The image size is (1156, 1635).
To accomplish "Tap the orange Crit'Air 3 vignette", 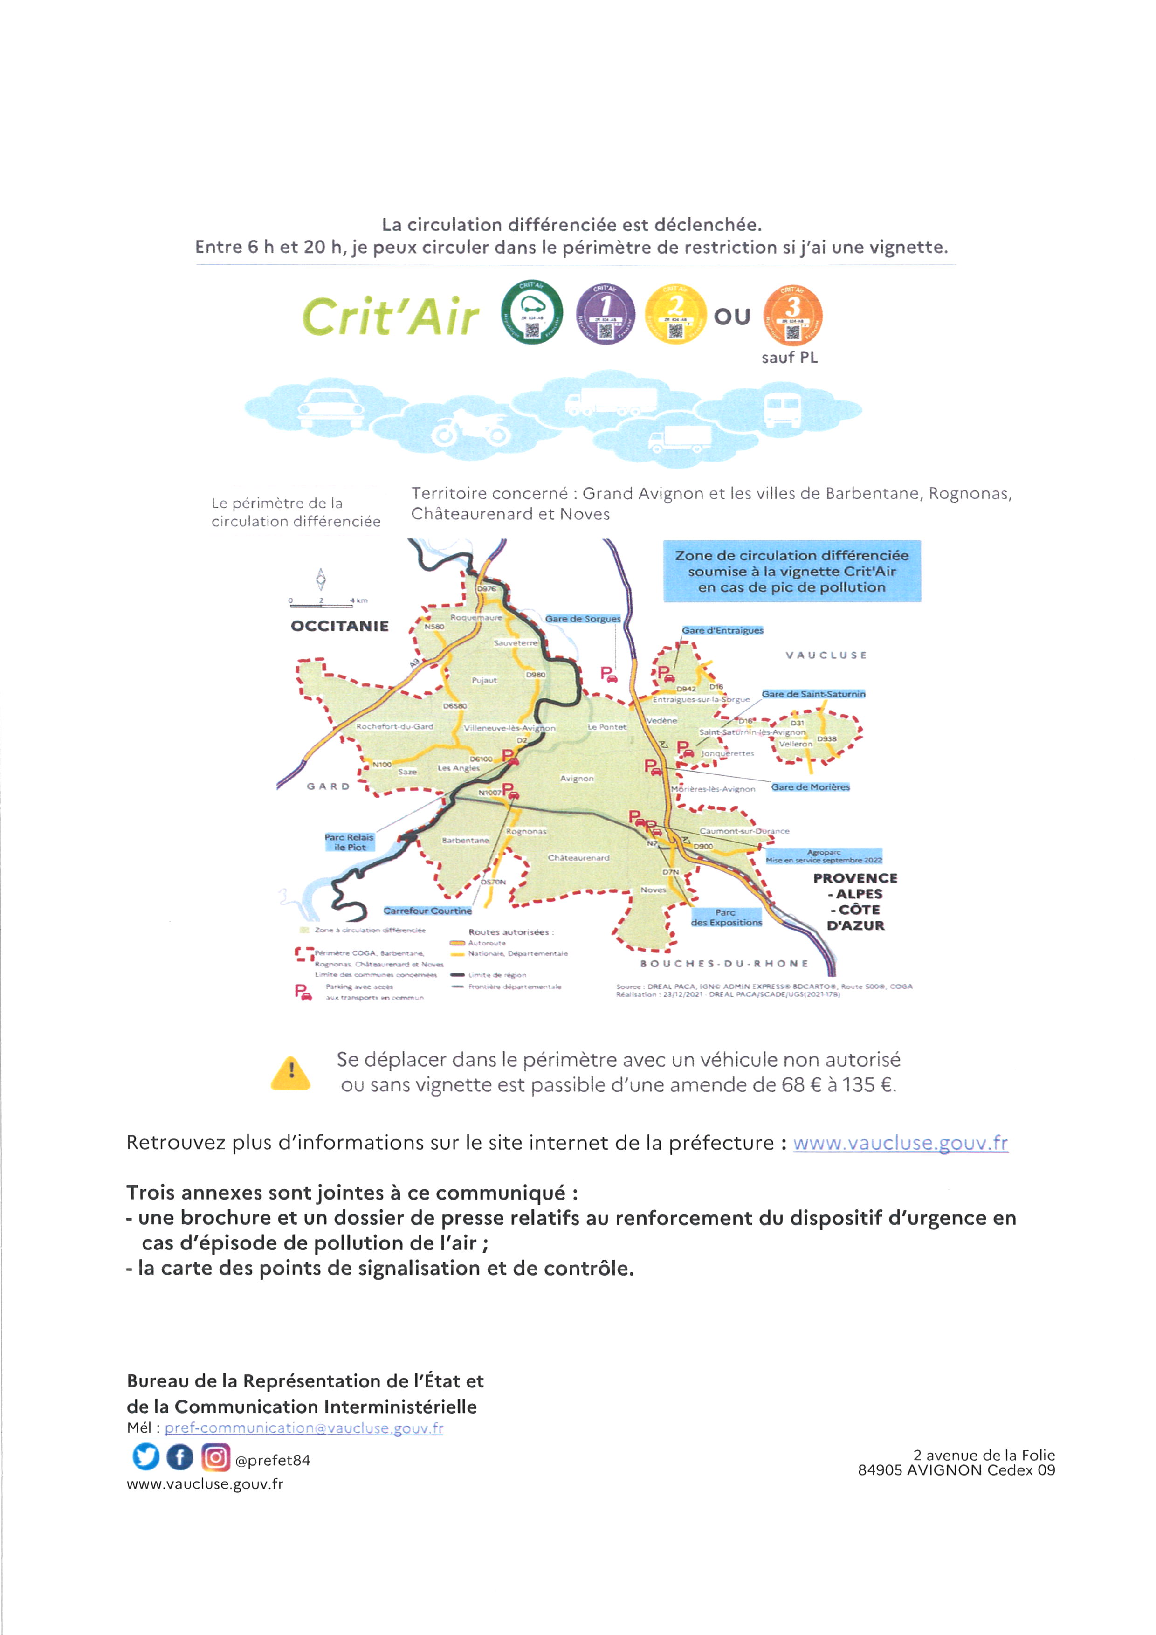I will [x=792, y=314].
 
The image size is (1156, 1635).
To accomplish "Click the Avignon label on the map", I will [x=577, y=778].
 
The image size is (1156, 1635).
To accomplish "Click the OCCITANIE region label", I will [x=339, y=626].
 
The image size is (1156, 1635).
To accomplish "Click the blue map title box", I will [x=791, y=571].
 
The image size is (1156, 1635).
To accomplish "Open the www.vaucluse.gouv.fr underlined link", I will [x=901, y=1143].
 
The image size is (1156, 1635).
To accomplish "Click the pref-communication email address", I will [x=304, y=1428].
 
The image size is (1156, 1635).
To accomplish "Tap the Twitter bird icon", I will [x=146, y=1457].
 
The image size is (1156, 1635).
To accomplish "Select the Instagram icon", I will [x=215, y=1457].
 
